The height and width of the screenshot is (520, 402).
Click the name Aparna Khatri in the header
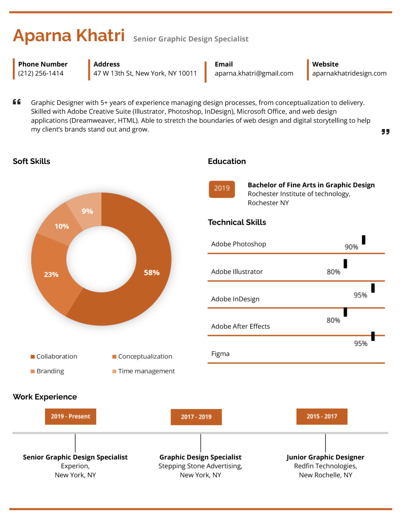click(69, 36)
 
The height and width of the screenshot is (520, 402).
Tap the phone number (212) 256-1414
click(41, 73)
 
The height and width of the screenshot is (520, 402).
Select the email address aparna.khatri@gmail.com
click(254, 73)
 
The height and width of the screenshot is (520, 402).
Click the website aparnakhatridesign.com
click(349, 73)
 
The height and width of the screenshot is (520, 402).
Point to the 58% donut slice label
click(151, 273)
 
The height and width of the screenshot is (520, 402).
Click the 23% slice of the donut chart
click(51, 275)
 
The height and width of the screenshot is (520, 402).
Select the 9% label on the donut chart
click(87, 211)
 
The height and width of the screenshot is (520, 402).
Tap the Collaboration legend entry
click(57, 356)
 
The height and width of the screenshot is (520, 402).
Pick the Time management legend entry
click(146, 371)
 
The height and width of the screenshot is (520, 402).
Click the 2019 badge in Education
click(222, 189)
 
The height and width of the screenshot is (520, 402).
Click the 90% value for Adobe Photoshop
click(351, 247)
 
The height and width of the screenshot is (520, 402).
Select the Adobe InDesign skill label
click(235, 299)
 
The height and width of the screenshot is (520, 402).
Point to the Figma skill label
click(220, 354)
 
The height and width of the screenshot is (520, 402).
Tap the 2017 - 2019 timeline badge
click(196, 417)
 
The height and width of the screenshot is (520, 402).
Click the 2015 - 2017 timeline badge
click(322, 416)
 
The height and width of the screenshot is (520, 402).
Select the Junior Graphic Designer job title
click(325, 457)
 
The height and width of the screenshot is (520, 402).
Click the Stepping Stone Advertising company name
click(200, 466)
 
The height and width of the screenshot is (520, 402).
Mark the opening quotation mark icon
click(17, 102)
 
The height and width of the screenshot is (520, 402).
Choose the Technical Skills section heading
click(237, 222)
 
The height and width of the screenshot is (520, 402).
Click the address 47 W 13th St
click(145, 73)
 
